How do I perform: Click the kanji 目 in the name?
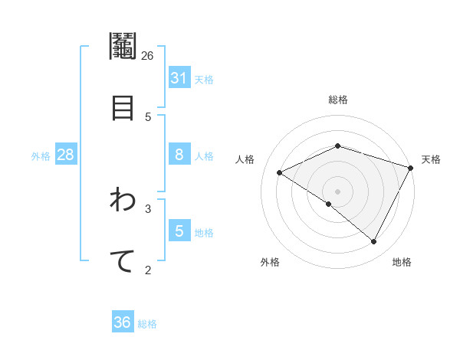123,108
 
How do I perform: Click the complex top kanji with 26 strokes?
123,47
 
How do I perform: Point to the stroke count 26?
148,56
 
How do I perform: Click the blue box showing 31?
179,78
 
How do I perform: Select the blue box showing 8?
179,155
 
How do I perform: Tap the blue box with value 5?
179,231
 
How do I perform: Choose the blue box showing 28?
65,155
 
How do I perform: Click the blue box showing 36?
123,322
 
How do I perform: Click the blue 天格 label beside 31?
204,80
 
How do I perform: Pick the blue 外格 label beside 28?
41,156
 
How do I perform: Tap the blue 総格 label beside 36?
147,324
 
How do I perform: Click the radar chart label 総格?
338,100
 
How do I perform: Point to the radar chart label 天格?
431,159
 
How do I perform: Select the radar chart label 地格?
402,262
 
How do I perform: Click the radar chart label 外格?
270,262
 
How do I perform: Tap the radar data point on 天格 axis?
412,168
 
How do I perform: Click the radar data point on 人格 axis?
280,172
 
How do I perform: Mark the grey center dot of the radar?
338,191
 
